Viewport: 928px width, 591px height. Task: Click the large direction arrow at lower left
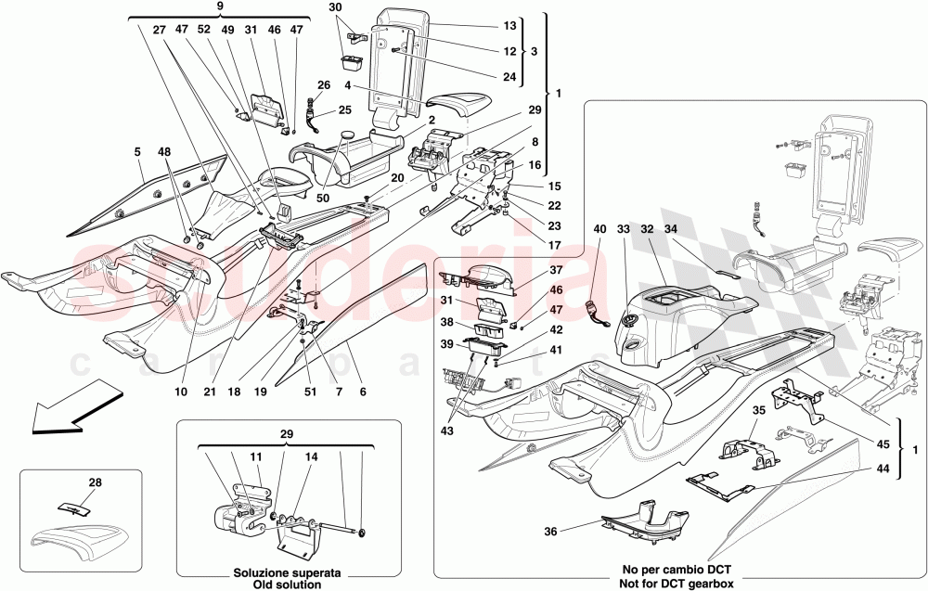(66, 416)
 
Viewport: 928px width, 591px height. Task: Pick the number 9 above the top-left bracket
(220, 7)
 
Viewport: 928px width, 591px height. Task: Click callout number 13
(509, 26)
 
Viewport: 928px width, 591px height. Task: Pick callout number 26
(323, 86)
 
